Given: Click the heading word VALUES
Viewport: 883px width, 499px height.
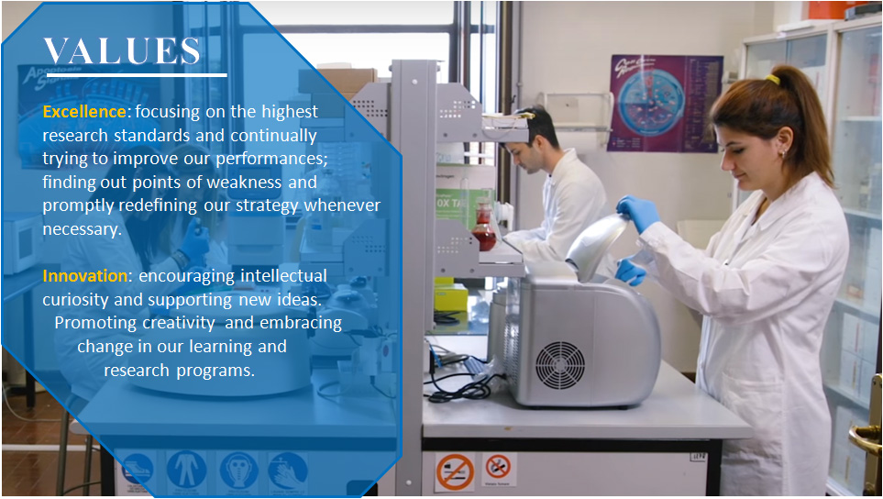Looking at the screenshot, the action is pyautogui.click(x=122, y=51).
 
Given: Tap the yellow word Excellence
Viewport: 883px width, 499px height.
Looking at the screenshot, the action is pyautogui.click(x=84, y=112).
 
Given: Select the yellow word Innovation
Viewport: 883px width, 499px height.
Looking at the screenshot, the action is pyautogui.click(x=85, y=275).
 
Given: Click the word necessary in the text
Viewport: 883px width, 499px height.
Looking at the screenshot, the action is pyautogui.click(x=82, y=228).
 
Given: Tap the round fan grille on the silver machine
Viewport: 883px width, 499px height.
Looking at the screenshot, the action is pyautogui.click(x=559, y=365).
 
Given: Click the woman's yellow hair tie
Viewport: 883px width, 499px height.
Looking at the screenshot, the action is pyautogui.click(x=772, y=80).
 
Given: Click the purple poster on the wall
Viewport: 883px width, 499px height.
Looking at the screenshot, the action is pyautogui.click(x=665, y=104).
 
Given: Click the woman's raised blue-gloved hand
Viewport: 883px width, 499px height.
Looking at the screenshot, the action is pyautogui.click(x=637, y=212).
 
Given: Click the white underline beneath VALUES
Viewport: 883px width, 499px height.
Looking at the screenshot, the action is pyautogui.click(x=137, y=74).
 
